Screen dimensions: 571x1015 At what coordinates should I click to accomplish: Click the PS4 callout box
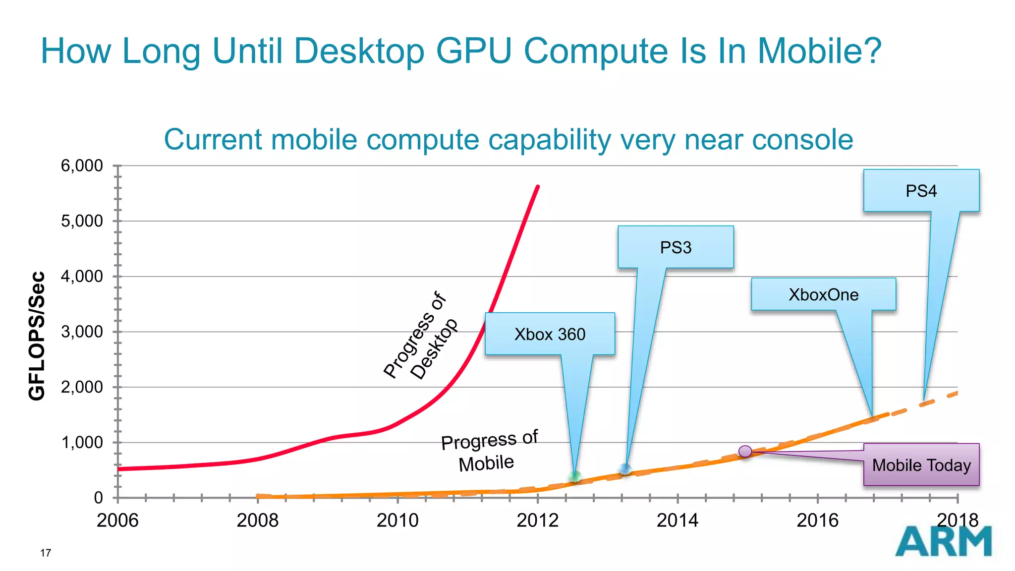tap(921, 191)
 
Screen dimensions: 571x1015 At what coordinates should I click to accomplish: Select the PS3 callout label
tap(676, 247)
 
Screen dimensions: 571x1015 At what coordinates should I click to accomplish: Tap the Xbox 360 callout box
tap(550, 334)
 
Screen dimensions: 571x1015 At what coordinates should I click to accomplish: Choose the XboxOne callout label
tap(823, 294)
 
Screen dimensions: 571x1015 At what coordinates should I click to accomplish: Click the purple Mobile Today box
tap(921, 465)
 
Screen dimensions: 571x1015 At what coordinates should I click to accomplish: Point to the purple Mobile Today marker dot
tap(745, 451)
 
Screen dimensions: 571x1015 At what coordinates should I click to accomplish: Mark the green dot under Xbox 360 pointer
tap(575, 477)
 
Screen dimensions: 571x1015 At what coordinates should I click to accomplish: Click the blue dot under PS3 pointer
tap(625, 469)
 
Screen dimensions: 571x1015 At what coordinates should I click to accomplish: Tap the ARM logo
tap(943, 541)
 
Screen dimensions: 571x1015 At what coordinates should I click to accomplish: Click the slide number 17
tap(46, 553)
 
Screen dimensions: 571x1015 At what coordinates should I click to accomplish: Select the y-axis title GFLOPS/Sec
tap(37, 336)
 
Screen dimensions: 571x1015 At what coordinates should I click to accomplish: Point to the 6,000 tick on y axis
tap(82, 166)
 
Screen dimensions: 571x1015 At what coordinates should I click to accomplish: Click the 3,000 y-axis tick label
tap(82, 332)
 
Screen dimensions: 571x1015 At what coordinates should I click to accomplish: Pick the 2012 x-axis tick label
tap(537, 520)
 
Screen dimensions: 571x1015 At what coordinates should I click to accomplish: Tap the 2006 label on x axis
tap(117, 520)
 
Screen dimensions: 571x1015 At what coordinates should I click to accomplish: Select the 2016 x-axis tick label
tap(817, 520)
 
